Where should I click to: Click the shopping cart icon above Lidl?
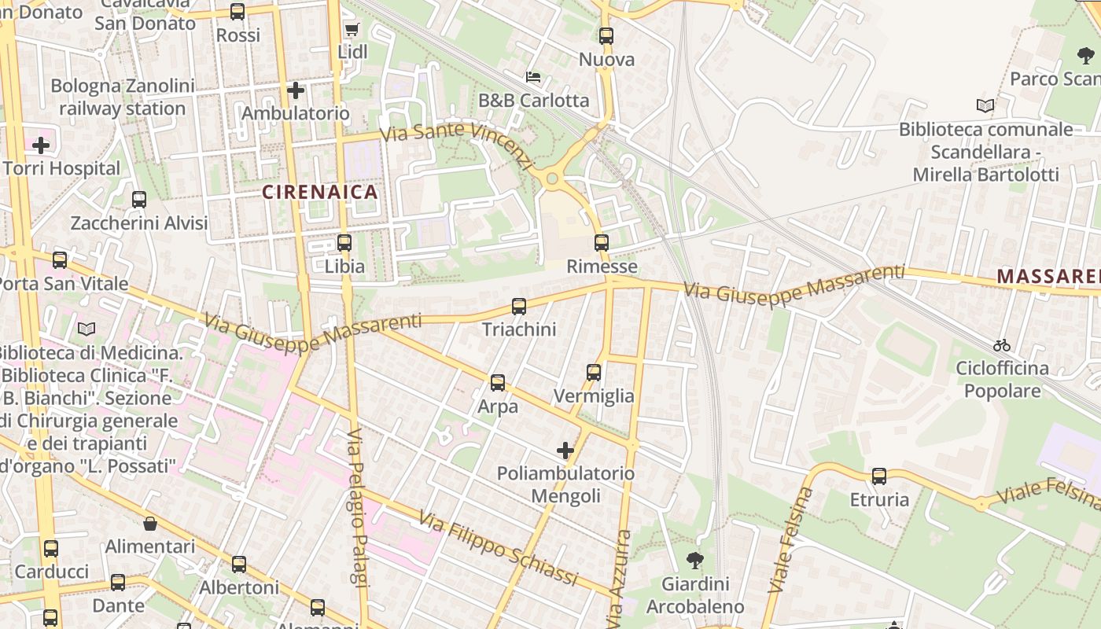coord(352,30)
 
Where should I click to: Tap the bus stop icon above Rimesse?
coord(602,243)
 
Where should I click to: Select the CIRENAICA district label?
coord(320,192)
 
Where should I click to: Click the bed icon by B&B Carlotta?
coord(533,77)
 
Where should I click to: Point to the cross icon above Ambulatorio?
coord(296,90)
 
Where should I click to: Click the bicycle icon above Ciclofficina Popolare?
coord(1001,345)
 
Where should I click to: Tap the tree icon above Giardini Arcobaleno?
coord(694,561)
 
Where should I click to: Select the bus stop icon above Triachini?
coord(519,307)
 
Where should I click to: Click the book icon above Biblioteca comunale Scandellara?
coord(985,105)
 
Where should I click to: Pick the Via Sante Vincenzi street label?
coord(456,144)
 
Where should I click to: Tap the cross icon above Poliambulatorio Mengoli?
coord(565,451)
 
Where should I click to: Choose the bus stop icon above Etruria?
coord(879,476)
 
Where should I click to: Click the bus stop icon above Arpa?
coord(498,383)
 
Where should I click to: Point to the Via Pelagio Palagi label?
coord(358,508)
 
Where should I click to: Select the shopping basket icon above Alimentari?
coord(150,523)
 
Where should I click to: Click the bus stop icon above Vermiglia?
coord(594,373)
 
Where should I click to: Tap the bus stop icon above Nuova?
coord(606,36)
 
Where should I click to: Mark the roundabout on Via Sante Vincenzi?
coord(552,179)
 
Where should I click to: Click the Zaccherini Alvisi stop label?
coord(139,223)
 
